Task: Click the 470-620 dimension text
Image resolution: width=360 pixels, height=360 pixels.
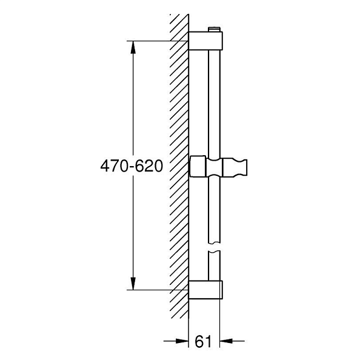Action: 132,166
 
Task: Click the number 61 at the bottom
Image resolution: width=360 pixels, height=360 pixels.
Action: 203,342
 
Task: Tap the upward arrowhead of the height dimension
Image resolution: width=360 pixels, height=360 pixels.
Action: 133,47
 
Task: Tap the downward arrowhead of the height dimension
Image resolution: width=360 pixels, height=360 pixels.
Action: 133,284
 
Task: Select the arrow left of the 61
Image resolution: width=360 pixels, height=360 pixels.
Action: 176,341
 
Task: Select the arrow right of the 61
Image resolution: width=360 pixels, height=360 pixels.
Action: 232,341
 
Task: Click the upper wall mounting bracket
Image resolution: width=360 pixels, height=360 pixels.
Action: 205,41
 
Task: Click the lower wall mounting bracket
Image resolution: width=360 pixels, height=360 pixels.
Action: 205,290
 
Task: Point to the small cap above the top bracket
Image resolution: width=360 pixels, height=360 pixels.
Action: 214,29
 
